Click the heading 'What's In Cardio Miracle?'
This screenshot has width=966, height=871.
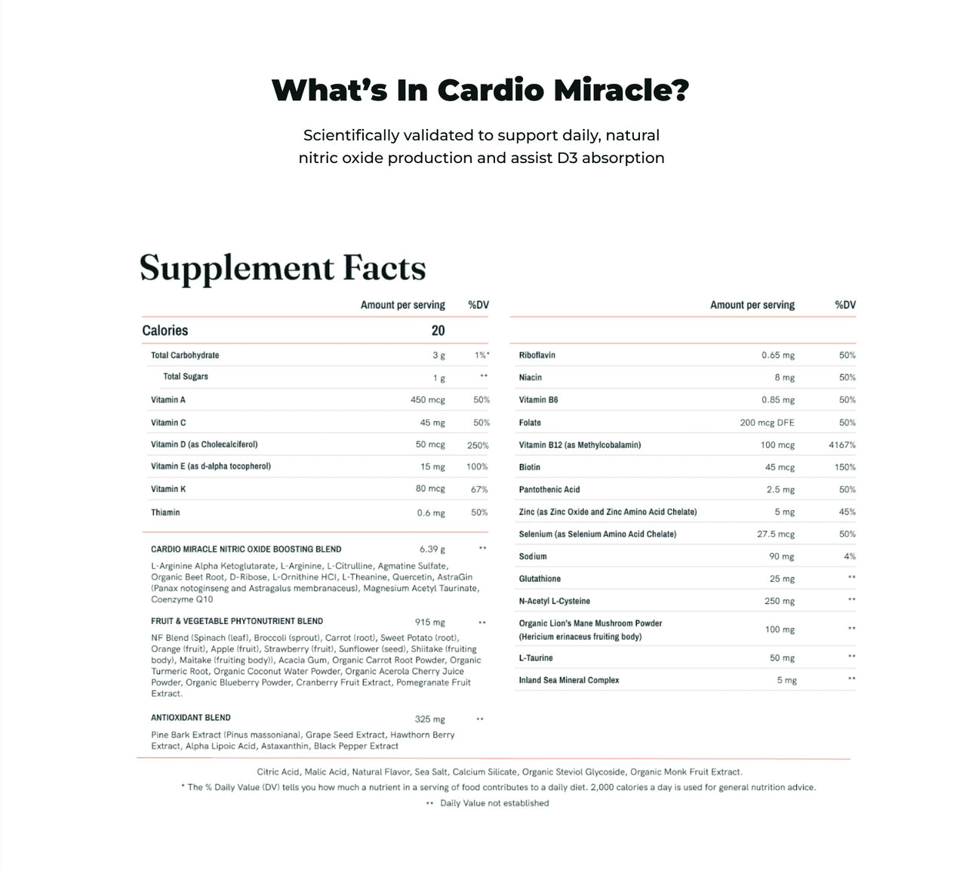click(480, 90)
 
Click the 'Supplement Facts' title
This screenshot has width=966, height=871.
click(283, 268)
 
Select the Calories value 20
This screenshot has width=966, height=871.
click(438, 331)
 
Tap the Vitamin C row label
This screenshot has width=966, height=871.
click(168, 423)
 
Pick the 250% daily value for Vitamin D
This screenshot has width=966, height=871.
click(478, 445)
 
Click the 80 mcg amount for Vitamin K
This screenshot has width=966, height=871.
click(430, 489)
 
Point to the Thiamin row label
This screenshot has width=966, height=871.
click(165, 512)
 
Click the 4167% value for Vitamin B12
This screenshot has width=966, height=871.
click(841, 445)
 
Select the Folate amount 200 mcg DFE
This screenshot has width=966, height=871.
click(767, 423)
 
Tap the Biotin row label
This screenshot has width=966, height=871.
click(530, 467)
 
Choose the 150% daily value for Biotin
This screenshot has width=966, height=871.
click(844, 467)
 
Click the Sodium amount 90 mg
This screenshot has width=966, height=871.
click(782, 556)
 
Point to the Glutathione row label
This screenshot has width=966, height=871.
click(540, 579)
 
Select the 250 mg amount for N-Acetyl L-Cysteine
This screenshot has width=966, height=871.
click(780, 602)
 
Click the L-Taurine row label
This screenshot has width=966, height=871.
click(536, 658)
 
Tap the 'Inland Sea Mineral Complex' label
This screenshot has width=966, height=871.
click(569, 680)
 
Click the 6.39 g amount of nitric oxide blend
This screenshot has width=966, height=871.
click(432, 549)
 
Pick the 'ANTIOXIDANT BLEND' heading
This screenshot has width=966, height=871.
click(191, 718)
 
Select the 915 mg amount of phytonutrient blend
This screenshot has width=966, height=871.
click(430, 623)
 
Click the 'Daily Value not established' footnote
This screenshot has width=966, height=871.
click(494, 803)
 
